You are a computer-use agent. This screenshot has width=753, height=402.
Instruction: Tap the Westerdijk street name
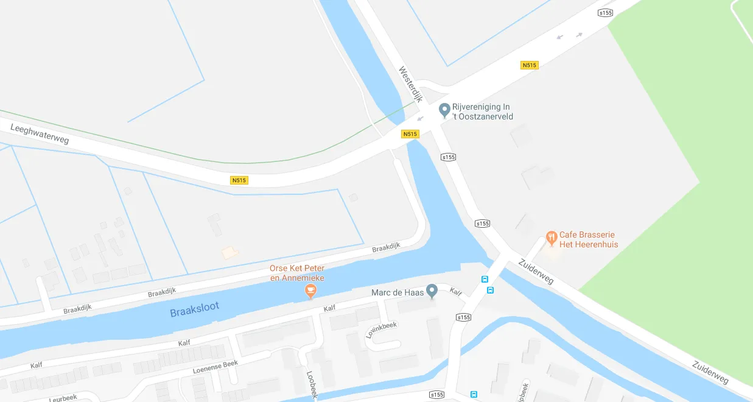411,84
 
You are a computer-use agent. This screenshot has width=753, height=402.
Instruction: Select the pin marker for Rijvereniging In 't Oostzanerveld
444,110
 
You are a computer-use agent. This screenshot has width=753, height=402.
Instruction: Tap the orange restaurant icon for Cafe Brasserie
552,238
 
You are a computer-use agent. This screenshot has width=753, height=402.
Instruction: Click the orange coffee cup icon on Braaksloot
310,291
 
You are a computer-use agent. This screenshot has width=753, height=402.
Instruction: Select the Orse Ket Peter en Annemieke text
298,273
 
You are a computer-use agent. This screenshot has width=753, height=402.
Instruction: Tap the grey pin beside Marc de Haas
432,291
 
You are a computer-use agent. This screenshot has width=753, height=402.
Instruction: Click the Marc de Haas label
397,293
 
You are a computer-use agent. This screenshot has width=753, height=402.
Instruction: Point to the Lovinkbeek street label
381,330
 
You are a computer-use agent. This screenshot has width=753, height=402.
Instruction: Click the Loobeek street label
312,385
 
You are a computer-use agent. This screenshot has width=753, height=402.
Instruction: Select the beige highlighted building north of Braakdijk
229,252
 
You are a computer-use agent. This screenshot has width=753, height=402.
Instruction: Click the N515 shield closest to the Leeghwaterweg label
239,180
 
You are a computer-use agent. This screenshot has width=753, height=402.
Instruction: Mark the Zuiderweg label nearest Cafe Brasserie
536,271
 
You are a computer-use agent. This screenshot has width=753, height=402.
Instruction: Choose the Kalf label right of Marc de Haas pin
456,292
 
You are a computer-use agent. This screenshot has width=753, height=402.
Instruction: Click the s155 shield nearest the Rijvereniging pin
449,157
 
